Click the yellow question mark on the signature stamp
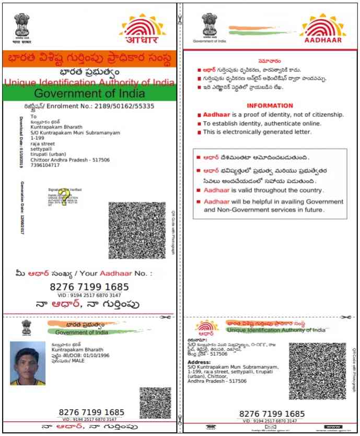pos(64,196)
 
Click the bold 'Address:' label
pos(199,362)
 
